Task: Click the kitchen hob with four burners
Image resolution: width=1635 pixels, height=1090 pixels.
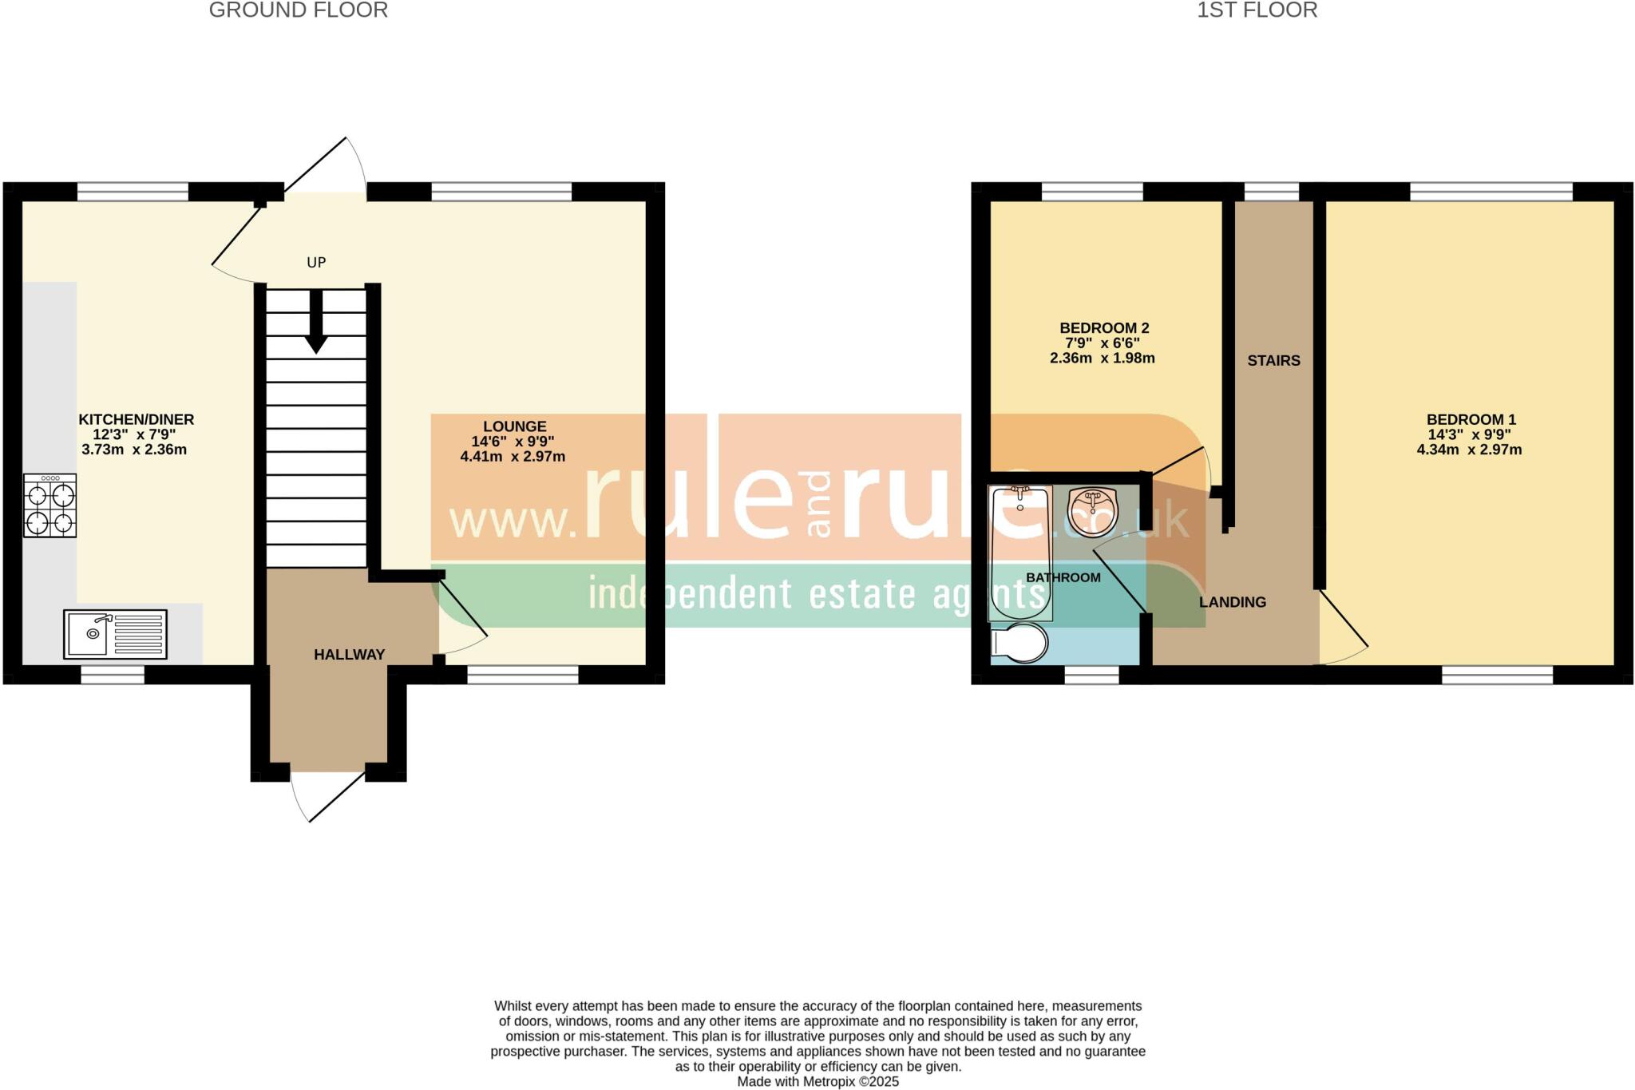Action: pyautogui.click(x=50, y=505)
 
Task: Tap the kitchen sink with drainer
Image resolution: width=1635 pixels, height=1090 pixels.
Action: pyautogui.click(x=115, y=634)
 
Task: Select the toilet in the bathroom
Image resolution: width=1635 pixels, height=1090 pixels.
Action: pyautogui.click(x=1019, y=644)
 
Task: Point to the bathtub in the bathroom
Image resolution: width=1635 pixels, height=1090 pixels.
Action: pyautogui.click(x=1020, y=553)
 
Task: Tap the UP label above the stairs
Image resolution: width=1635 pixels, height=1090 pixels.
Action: pyautogui.click(x=316, y=263)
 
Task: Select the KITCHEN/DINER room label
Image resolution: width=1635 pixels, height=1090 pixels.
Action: pyautogui.click(x=136, y=419)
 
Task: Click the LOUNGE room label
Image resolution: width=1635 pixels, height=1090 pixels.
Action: pyautogui.click(x=514, y=426)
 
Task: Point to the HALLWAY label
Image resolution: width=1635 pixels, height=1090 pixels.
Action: pyautogui.click(x=349, y=655)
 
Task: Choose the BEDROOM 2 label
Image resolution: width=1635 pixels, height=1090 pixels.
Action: pyautogui.click(x=1103, y=328)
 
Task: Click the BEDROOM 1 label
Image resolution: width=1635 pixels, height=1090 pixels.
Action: pyautogui.click(x=1471, y=419)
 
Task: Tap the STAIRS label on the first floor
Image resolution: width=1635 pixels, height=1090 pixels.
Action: pyautogui.click(x=1273, y=361)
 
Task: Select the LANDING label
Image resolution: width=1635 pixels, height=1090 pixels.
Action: pyautogui.click(x=1232, y=602)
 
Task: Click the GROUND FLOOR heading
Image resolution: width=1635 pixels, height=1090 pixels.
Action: pyautogui.click(x=298, y=10)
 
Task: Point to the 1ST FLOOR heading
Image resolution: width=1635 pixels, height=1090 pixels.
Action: pyautogui.click(x=1257, y=10)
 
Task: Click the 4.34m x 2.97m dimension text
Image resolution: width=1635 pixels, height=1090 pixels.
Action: pyautogui.click(x=1469, y=450)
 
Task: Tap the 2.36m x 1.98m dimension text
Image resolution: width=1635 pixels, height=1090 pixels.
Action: pyautogui.click(x=1102, y=359)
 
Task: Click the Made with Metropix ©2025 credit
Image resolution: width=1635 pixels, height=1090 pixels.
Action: pyautogui.click(x=817, y=1082)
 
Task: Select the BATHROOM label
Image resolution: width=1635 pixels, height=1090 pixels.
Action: pyautogui.click(x=1063, y=577)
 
